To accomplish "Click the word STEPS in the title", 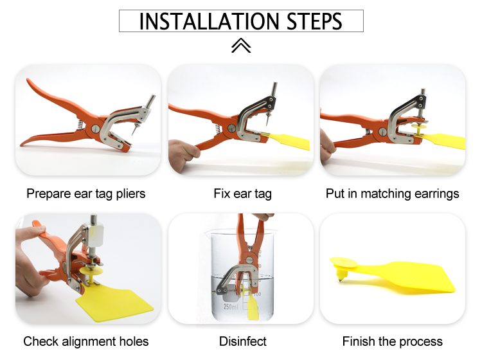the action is pyautogui.click(x=314, y=21).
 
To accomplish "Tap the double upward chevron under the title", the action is pyautogui.click(x=241, y=46).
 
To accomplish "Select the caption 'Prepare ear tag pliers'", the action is pyautogui.click(x=85, y=194).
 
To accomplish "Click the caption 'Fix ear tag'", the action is pyautogui.click(x=242, y=194).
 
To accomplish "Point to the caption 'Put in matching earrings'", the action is pyautogui.click(x=392, y=194).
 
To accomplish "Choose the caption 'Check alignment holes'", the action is pyautogui.click(x=85, y=341).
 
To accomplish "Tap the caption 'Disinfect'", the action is pyautogui.click(x=242, y=341).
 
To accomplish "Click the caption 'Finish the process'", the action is pyautogui.click(x=392, y=341).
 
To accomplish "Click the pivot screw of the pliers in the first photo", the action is pyautogui.click(x=95, y=129).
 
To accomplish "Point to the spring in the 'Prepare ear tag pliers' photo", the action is pyautogui.click(x=79, y=125).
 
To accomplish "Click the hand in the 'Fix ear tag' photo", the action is pyautogui.click(x=184, y=154).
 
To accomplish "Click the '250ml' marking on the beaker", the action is pyautogui.click(x=231, y=307).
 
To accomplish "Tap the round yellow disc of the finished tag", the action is pyautogui.click(x=344, y=262).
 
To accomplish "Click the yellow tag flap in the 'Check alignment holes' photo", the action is pyautogui.click(x=115, y=303).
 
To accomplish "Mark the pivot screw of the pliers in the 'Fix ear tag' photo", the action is pyautogui.click(x=231, y=128).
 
